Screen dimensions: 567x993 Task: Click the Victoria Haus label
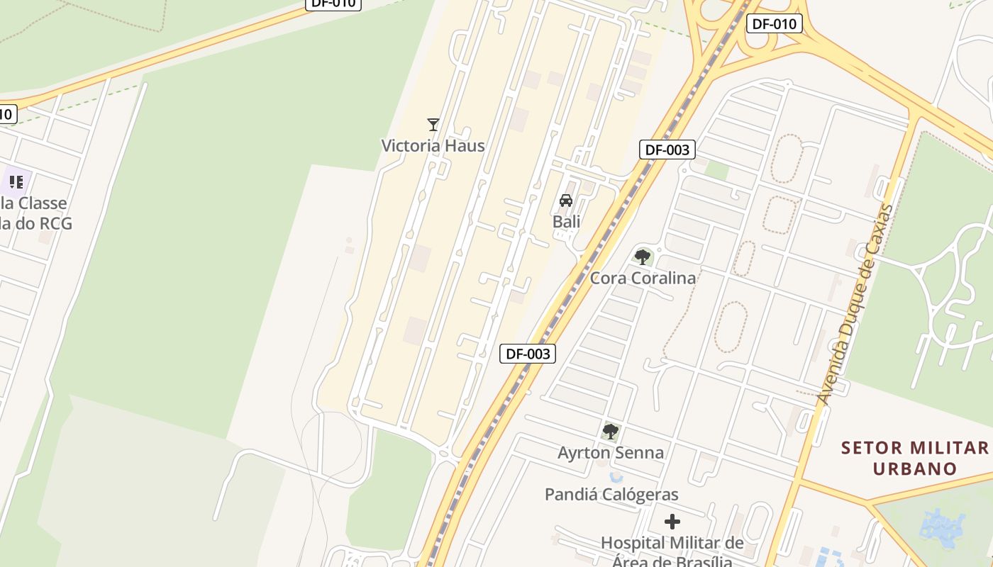433,146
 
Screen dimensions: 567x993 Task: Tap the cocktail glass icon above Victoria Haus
433,125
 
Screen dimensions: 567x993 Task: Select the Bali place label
567,222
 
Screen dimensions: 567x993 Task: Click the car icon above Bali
566,201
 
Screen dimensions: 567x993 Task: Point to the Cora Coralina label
643,278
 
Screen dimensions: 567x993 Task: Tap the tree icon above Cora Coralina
643,257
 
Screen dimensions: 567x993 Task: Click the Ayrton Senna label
611,452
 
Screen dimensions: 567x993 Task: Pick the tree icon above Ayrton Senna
610,431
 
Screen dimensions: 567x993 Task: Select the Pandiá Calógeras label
611,494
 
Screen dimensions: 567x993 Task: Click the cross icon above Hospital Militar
672,522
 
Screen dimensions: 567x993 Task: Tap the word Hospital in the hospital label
635,544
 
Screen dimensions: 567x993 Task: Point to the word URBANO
915,468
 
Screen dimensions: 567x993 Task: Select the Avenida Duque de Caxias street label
855,305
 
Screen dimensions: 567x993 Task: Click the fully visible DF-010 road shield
774,23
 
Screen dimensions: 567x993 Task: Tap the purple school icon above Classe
16,181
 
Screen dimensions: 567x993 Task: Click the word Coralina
664,278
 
